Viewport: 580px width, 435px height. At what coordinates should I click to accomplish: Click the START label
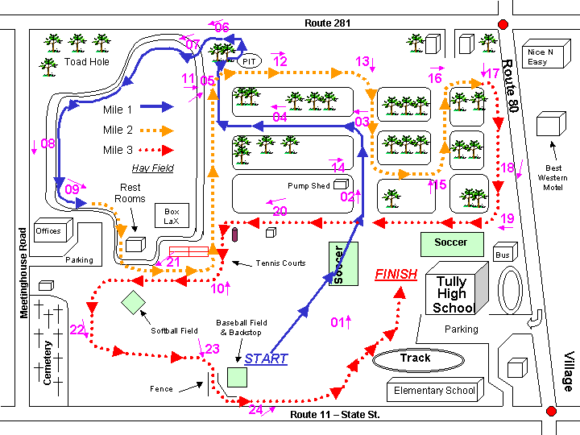266,358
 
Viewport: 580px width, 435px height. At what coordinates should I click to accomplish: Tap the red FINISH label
396,275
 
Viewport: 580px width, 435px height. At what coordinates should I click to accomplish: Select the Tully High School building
457,288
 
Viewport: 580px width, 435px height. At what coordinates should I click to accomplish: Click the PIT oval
249,61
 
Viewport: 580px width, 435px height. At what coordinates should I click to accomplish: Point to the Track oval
418,360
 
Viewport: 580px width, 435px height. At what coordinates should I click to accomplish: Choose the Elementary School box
435,390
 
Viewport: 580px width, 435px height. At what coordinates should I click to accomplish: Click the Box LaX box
172,216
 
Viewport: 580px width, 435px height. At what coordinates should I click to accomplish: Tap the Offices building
53,230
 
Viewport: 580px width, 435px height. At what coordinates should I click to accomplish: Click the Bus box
505,252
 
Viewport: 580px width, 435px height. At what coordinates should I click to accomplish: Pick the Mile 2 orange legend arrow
157,130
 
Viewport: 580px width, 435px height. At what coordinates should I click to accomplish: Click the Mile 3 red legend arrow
156,150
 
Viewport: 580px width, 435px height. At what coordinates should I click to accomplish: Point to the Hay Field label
153,168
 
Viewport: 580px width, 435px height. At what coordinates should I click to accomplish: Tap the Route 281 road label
327,23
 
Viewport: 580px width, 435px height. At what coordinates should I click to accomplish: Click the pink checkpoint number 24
255,409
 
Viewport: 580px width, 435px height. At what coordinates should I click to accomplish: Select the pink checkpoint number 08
48,143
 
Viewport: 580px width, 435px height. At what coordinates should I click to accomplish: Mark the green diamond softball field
133,303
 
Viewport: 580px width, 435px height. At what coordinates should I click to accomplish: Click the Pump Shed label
309,186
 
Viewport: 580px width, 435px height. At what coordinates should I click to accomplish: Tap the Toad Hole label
87,62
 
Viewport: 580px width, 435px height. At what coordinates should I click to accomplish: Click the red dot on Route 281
503,24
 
